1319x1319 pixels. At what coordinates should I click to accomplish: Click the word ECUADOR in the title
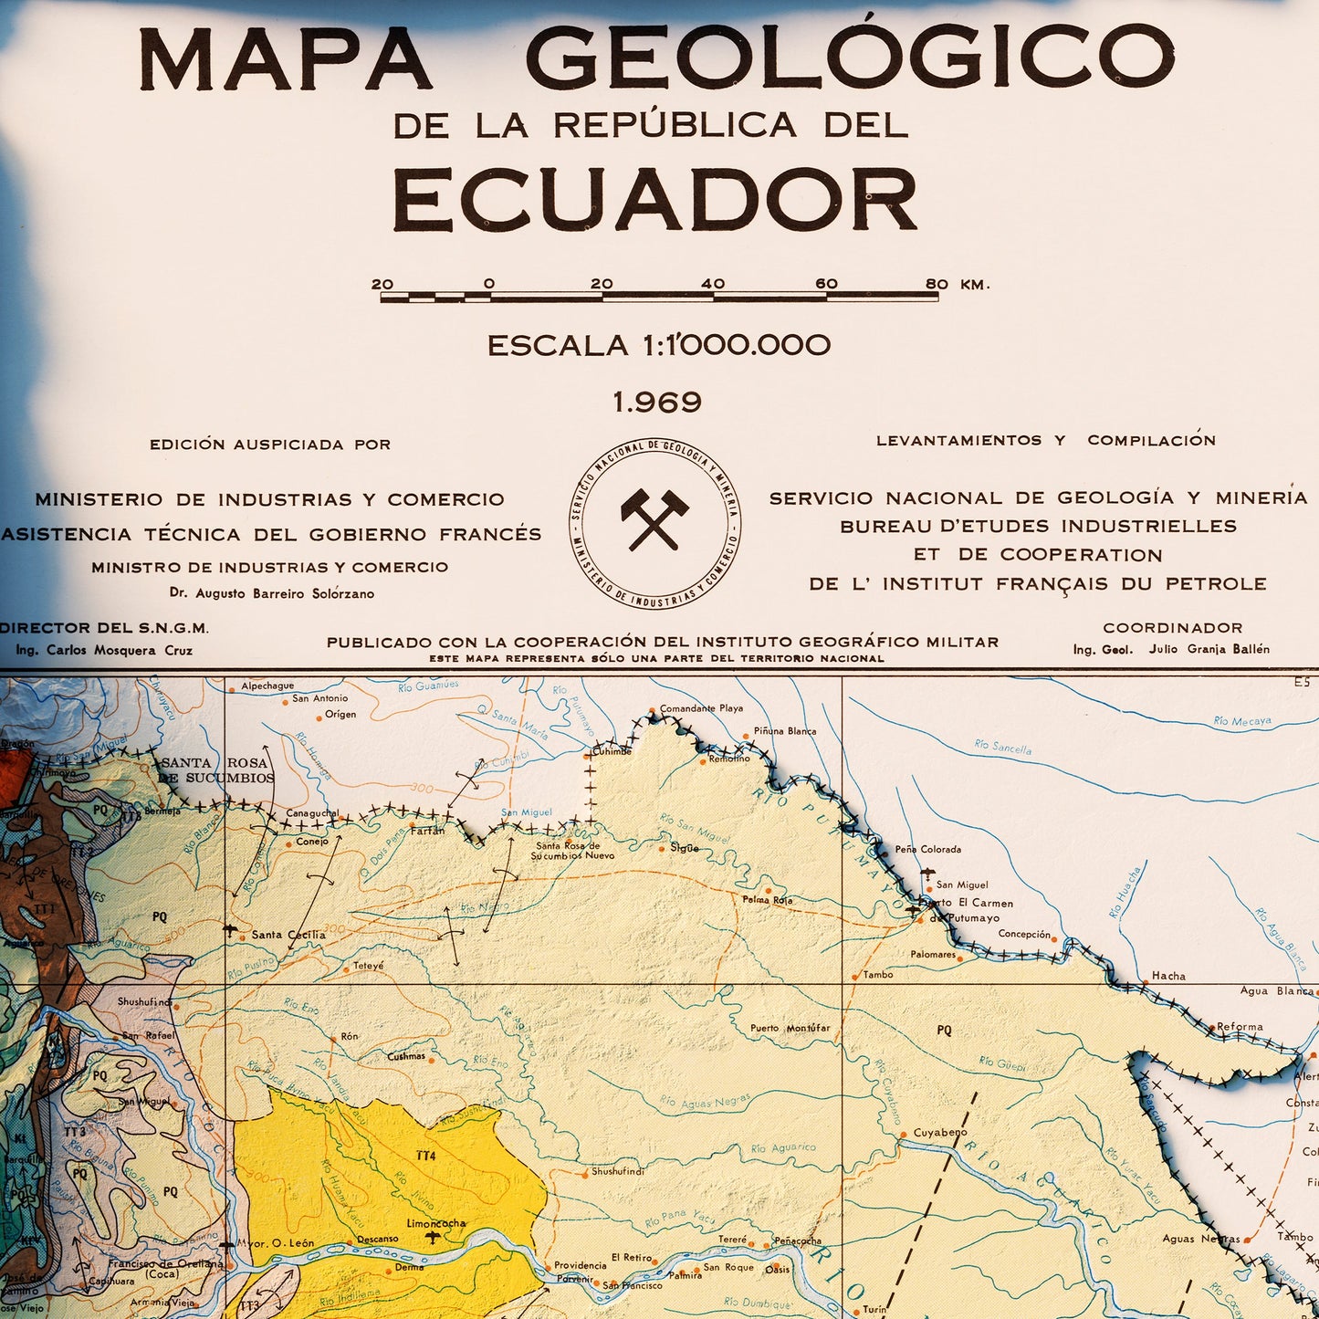click(654, 200)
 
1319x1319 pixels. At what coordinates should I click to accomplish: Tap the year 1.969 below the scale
click(657, 402)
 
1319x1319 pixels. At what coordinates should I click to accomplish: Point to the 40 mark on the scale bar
click(713, 284)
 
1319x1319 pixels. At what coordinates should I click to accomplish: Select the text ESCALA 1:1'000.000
click(658, 346)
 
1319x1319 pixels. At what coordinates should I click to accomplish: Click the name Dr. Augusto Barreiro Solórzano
click(272, 593)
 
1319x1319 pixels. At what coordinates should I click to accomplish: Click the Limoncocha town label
click(436, 1223)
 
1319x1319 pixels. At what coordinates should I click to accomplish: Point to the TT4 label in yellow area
click(426, 1156)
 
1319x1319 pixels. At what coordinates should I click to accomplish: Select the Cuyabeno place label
click(940, 1133)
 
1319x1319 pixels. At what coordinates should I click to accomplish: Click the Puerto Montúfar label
click(790, 1028)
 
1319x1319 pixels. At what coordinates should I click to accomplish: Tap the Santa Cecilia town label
click(288, 935)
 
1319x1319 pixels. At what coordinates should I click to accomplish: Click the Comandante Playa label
click(701, 708)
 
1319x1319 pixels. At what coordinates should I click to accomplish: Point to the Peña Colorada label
click(927, 849)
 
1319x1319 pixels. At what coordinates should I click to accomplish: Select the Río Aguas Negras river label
click(705, 1102)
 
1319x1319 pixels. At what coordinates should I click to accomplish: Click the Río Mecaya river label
click(1242, 721)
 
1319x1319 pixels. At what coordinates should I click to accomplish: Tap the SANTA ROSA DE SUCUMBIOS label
click(216, 770)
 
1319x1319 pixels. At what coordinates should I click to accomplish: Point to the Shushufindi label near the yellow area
click(618, 1171)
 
